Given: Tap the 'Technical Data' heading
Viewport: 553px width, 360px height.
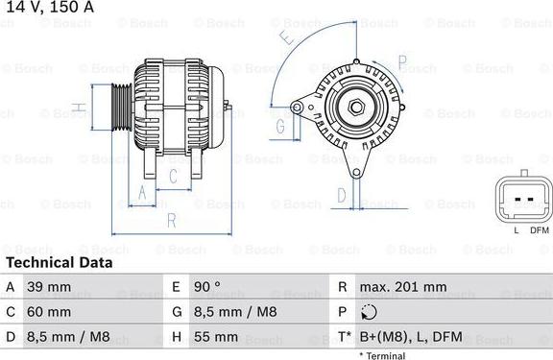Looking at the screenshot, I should [x=59, y=262].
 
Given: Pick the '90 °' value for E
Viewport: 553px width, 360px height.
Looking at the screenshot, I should [x=207, y=287].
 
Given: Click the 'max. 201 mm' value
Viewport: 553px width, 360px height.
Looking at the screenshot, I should [x=402, y=287].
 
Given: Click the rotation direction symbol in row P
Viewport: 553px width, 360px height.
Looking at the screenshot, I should [x=370, y=312].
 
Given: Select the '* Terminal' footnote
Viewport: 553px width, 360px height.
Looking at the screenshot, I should [x=382, y=355].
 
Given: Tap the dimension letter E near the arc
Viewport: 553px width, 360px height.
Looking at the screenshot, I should [x=285, y=40].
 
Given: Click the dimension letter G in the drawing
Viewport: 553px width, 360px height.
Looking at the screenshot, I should [x=280, y=126].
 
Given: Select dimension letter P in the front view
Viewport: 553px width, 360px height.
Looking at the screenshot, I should [x=403, y=66].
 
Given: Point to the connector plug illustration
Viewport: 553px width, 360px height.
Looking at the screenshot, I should [x=523, y=200].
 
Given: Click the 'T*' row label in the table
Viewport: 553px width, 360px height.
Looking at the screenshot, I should [x=342, y=337].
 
